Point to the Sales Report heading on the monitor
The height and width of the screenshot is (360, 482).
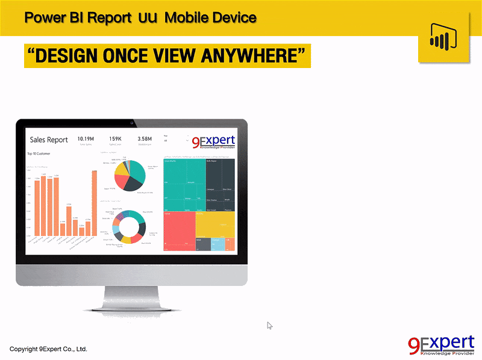pos(49,140)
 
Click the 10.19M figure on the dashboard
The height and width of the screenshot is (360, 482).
pos(86,139)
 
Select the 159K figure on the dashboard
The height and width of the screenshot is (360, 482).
pos(116,139)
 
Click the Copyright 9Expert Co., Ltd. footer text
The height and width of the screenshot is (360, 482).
pos(48,349)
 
